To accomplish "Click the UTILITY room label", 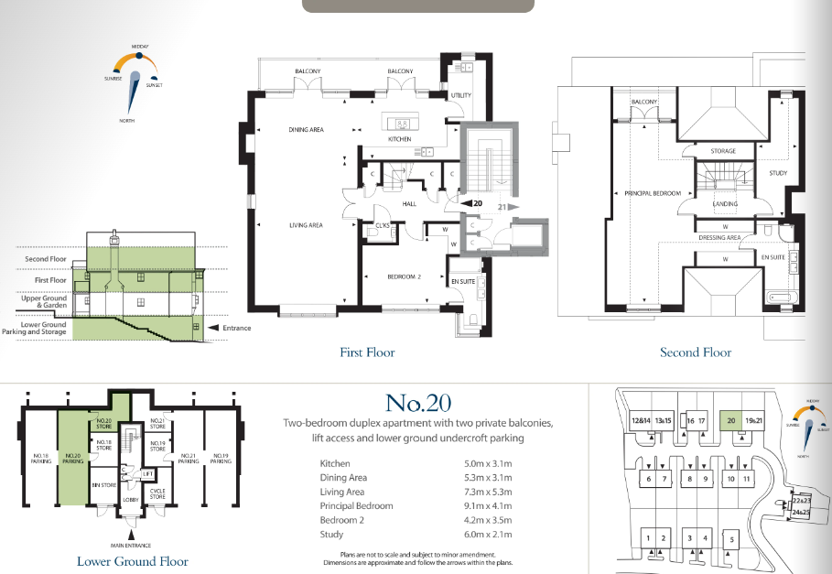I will (x=459, y=95).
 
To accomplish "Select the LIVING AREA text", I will (x=307, y=224).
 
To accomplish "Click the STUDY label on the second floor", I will (x=778, y=172).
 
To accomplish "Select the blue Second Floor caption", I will (x=696, y=352).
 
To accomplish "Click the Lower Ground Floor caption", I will (x=133, y=561).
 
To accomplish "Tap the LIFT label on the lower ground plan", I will (x=147, y=473).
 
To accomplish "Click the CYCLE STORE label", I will (x=157, y=493).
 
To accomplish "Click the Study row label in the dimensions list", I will (x=331, y=534).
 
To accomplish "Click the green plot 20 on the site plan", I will (x=729, y=421).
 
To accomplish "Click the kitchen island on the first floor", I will (x=402, y=123).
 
